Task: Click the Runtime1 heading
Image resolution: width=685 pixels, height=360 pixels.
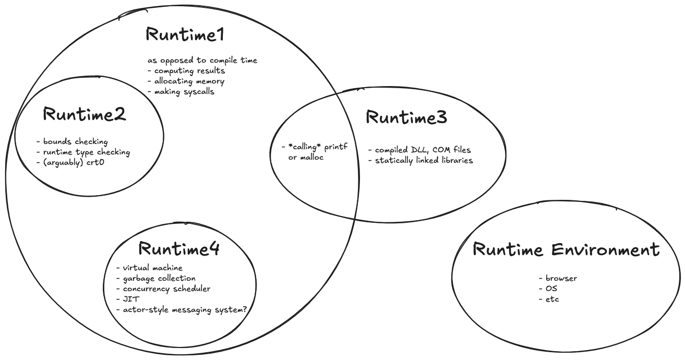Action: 185,35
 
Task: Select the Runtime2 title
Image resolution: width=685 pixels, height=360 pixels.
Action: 85,114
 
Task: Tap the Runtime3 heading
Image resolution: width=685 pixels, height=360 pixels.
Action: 406,117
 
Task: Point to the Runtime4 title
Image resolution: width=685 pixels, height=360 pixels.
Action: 179,249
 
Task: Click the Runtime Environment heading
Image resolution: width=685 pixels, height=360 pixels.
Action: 566,249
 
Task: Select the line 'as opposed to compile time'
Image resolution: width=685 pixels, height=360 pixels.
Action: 202,60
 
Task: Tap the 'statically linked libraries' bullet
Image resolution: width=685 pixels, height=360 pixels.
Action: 424,160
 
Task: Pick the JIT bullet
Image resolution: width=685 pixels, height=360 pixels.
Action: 128,299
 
